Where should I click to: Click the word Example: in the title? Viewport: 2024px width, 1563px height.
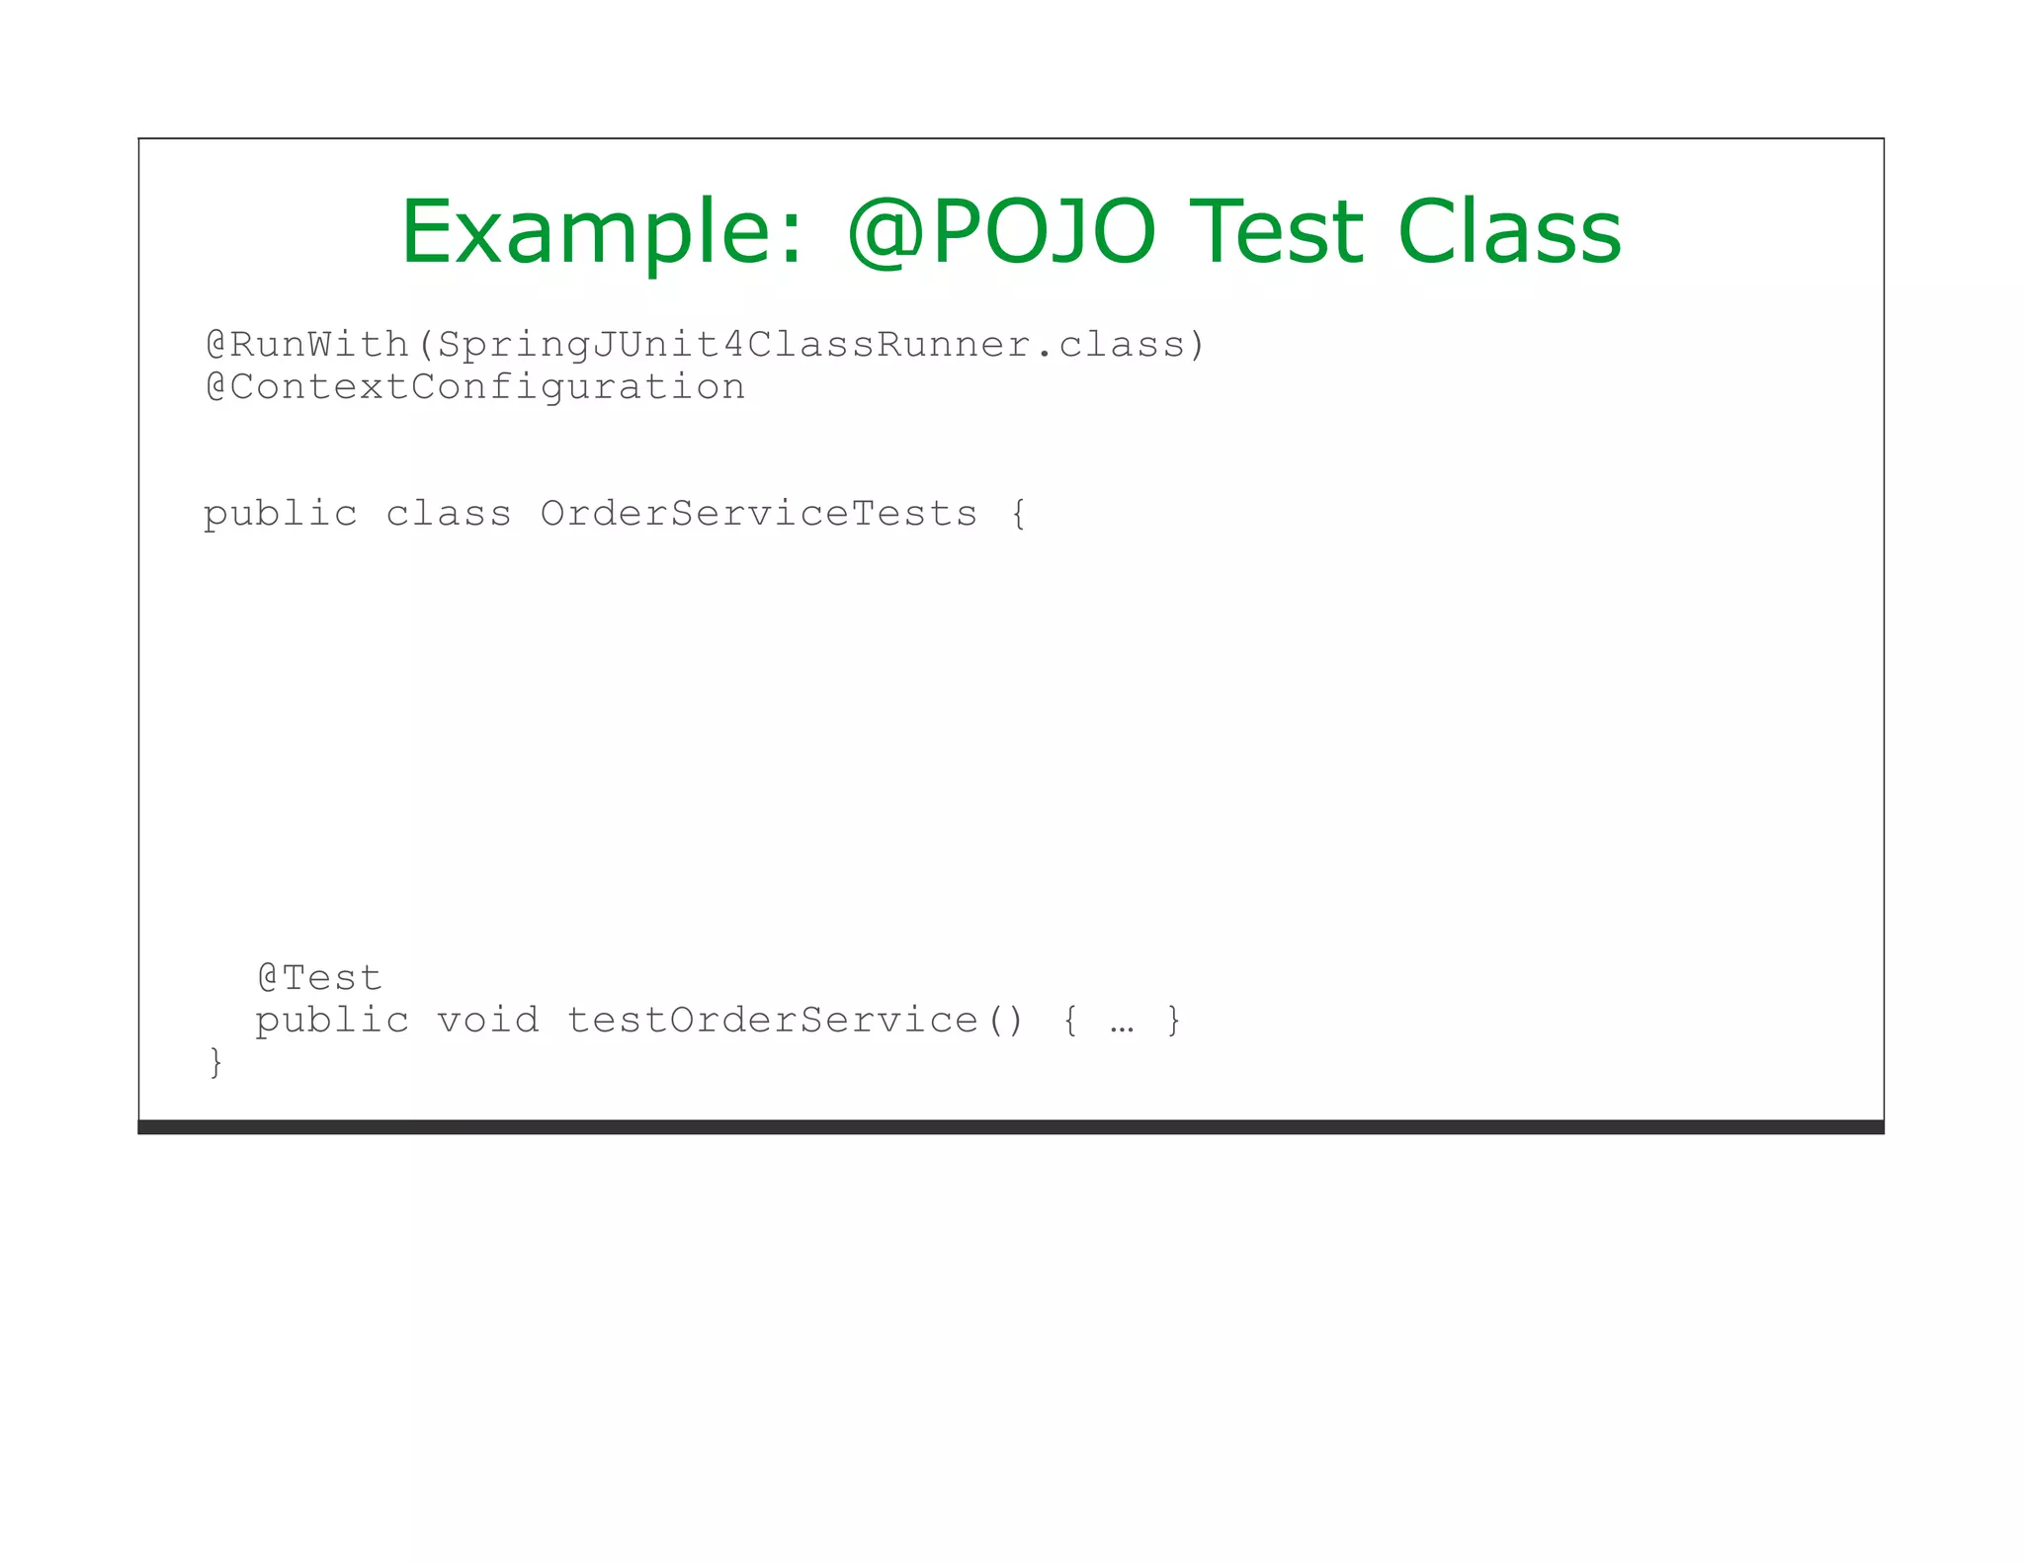click(601, 233)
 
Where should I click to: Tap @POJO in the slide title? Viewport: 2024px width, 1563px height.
click(1001, 233)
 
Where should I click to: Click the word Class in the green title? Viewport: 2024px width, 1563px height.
click(1509, 233)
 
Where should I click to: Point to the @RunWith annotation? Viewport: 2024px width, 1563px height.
click(307, 345)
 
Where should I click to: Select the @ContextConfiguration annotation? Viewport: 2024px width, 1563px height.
click(475, 387)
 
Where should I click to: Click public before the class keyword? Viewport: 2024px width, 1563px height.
click(281, 515)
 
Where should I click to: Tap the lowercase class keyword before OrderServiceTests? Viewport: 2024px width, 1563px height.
click(448, 515)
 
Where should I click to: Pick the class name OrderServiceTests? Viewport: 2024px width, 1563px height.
click(758, 515)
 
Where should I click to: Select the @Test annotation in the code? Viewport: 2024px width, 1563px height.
click(319, 978)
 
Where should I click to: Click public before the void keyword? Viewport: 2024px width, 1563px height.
click(332, 1021)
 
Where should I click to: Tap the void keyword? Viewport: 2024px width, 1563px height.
click(488, 1021)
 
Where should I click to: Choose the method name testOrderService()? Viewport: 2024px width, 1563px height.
click(796, 1021)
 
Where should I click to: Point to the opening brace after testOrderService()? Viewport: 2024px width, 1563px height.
click(1070, 1021)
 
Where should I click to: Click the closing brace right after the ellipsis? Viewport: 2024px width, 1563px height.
click(1173, 1021)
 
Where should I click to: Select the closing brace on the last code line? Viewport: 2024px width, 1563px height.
click(215, 1063)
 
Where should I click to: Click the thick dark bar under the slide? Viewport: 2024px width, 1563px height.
click(1010, 1127)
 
